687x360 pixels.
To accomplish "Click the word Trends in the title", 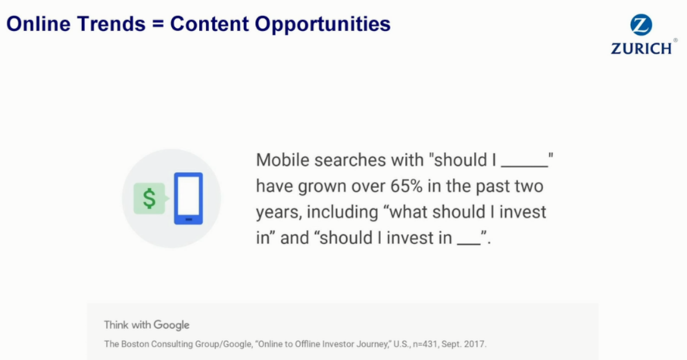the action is click(x=111, y=23).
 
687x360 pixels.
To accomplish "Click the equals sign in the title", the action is click(x=158, y=24).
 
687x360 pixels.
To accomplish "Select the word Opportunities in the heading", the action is click(x=323, y=24).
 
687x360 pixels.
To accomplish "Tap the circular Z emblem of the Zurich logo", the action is click(x=641, y=25).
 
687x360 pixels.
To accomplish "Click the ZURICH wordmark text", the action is click(x=641, y=49).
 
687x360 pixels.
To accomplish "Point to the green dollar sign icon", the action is click(x=149, y=199).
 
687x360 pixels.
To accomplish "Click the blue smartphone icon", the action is click(x=188, y=199).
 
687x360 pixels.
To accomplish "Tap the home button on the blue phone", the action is click(x=189, y=219).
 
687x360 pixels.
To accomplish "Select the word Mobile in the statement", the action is click(x=282, y=160).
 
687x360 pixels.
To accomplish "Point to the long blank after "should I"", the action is click(x=524, y=167).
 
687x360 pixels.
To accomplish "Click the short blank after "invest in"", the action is click(x=469, y=244).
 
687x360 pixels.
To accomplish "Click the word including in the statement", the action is click(x=342, y=212).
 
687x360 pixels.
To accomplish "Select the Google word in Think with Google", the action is click(x=171, y=325).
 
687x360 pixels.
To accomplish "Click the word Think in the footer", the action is click(x=116, y=325).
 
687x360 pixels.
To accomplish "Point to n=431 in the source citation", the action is click(x=425, y=344).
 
